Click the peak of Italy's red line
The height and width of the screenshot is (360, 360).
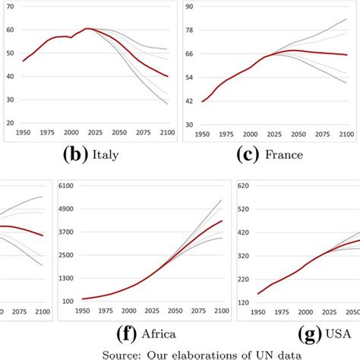(88, 29)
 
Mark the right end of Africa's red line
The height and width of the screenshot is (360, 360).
(222, 221)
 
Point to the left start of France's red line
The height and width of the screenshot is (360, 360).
(202, 101)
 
